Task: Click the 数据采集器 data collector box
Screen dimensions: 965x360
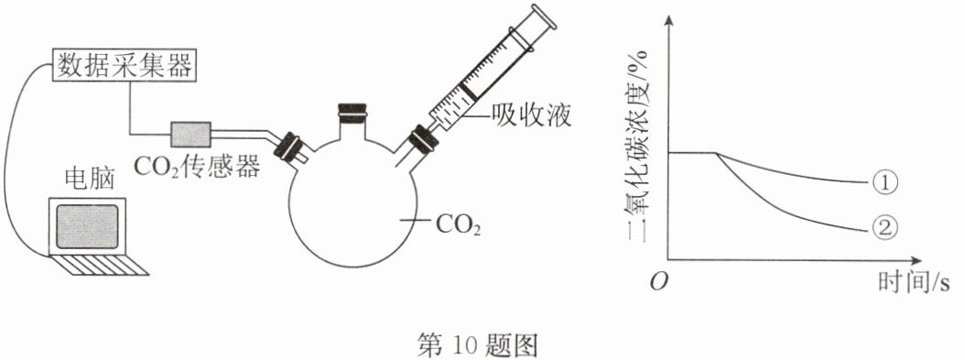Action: click(125, 64)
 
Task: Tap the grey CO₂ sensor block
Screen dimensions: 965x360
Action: click(190, 134)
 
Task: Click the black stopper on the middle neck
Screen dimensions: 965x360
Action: click(352, 112)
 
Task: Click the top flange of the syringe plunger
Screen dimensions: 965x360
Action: click(544, 16)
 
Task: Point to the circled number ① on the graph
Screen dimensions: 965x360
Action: click(885, 182)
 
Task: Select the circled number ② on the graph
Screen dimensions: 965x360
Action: click(885, 229)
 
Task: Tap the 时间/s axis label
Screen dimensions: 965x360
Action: click(914, 283)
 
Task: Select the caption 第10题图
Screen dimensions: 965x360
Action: click(477, 345)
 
